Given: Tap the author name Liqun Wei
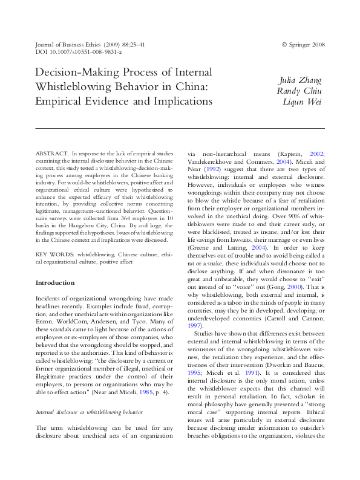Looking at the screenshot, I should pos(304,101).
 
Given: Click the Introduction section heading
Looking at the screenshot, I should pos(55,283).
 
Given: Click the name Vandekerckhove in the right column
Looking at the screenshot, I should pos(211,163).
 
